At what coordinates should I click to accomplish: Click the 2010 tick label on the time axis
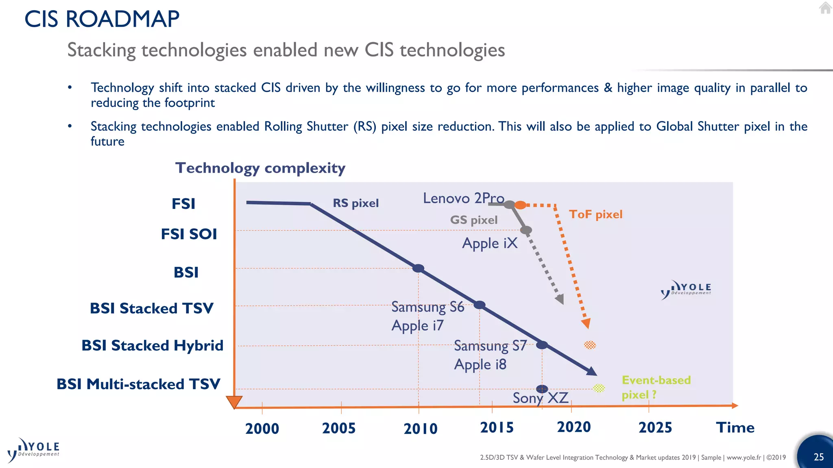pos(421,429)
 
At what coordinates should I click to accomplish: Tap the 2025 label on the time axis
pos(655,427)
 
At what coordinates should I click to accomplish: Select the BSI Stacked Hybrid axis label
pos(153,345)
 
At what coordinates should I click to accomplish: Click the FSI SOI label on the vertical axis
pos(189,234)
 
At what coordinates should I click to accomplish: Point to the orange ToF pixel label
pos(595,214)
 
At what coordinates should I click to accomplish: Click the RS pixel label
pos(355,203)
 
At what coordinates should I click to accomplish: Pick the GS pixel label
pos(473,220)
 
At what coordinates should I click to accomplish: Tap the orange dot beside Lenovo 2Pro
pos(520,205)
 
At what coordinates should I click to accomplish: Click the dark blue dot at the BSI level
pos(418,268)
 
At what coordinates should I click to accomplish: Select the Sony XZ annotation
pos(540,398)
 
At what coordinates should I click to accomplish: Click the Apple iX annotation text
pos(490,243)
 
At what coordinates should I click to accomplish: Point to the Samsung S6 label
pos(427,307)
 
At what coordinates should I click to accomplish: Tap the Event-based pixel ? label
pos(656,387)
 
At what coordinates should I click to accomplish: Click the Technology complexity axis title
pos(260,168)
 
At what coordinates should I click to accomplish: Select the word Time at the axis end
pos(735,427)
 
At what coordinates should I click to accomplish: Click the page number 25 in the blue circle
pos(818,457)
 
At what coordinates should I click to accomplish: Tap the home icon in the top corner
pos(825,8)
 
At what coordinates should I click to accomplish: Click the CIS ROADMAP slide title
pos(102,19)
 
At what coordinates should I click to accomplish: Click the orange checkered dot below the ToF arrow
pos(590,345)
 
